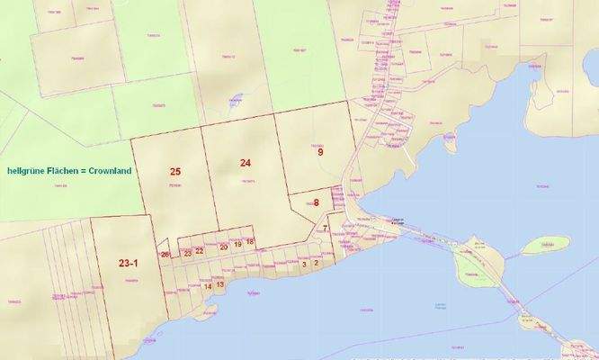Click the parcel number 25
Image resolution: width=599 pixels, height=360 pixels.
click(175, 171)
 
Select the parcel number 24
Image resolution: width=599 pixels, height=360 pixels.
click(246, 162)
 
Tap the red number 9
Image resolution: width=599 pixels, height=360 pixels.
click(320, 152)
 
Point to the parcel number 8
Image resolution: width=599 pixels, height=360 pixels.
click(317, 202)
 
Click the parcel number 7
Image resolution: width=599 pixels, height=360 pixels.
click(325, 229)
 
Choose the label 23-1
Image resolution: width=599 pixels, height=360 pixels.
click(129, 263)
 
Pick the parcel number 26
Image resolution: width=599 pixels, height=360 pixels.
click(165, 255)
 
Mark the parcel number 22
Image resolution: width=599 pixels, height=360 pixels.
click(200, 252)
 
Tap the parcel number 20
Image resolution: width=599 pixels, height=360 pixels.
click(224, 246)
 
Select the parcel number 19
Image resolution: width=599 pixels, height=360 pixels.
click(237, 244)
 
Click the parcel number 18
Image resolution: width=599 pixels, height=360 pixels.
click(250, 241)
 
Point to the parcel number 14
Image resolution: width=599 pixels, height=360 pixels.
click(208, 286)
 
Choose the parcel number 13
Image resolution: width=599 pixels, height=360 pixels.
click(220, 283)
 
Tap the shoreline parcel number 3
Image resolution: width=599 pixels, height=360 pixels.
click(304, 264)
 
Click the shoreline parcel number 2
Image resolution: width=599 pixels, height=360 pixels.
click(316, 263)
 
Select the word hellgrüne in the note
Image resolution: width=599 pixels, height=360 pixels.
click(27, 170)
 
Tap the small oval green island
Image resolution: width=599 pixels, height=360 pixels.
click(545, 245)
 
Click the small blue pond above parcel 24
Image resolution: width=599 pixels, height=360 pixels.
click(235, 102)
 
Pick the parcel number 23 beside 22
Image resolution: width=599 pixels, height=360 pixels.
click(187, 253)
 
